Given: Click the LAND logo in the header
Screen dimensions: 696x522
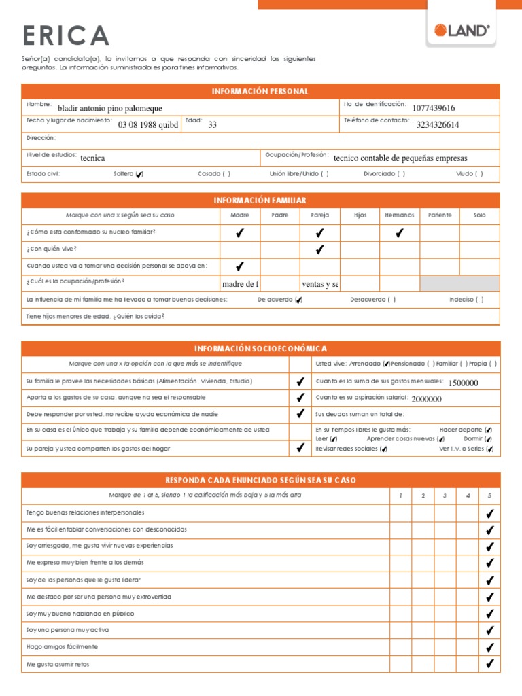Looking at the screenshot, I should tap(462, 31).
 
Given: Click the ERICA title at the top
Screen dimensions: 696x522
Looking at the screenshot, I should tap(65, 35).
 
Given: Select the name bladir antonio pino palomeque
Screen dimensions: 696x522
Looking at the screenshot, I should tap(110, 108).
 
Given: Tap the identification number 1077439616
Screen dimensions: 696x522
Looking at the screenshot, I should tap(434, 108).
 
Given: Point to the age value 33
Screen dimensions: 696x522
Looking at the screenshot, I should tap(212, 124).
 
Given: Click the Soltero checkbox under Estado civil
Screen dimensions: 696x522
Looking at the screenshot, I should tap(139, 174).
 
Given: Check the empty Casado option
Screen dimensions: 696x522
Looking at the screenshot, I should tap(226, 174).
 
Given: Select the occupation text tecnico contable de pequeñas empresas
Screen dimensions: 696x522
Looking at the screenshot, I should tap(400, 158).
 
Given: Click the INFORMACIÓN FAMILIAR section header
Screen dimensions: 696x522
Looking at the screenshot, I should tap(260, 200).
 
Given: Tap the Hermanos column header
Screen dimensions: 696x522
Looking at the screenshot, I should tap(399, 215).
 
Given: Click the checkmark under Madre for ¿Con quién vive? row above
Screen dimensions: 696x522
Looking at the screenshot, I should tap(240, 233).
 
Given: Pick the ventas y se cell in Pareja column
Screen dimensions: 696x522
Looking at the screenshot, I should tap(320, 283).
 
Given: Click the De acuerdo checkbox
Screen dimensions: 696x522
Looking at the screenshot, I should tap(299, 300).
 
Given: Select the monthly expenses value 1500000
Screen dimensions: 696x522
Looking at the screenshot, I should tap(464, 383).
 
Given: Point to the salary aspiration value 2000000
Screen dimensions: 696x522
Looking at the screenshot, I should tap(426, 399).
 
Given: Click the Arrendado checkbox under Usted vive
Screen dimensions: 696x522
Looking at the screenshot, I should tap(386, 364).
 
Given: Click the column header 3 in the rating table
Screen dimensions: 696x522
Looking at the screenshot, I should tap(445, 495).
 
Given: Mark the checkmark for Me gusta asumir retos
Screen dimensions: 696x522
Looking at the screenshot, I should tap(489, 664).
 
